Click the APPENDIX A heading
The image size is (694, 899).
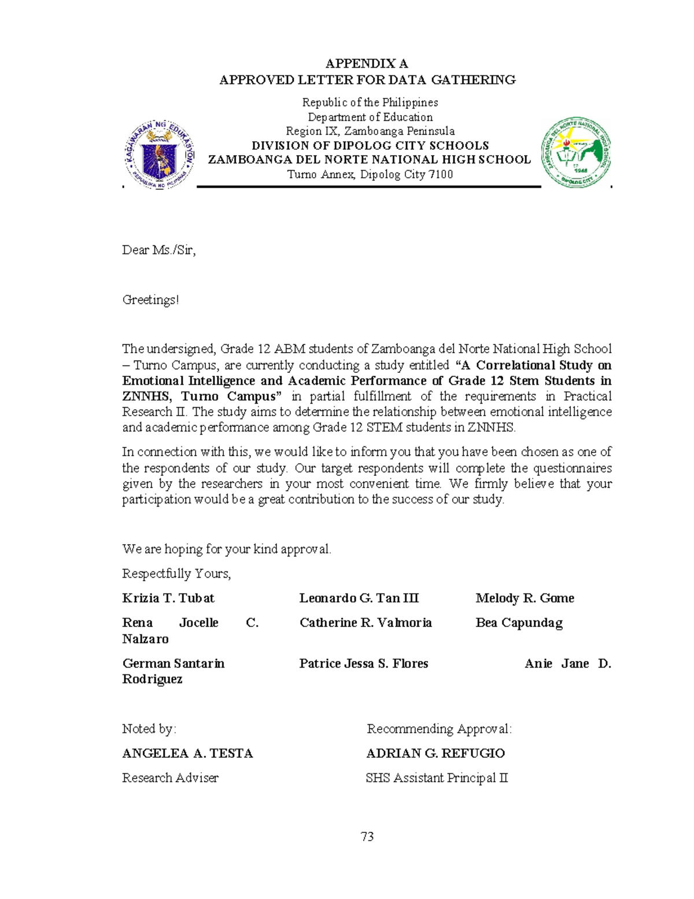(367, 64)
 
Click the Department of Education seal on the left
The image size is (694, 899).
(160, 155)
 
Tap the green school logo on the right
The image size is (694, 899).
(576, 152)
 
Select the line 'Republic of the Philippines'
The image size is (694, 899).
(370, 102)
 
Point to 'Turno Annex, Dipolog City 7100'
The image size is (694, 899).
(370, 174)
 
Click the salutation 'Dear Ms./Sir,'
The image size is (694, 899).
(159, 250)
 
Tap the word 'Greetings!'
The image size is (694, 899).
(150, 300)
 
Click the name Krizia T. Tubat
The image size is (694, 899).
(168, 598)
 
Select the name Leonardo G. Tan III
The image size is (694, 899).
(359, 598)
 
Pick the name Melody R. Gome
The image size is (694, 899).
(525, 598)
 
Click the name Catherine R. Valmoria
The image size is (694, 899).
(366, 623)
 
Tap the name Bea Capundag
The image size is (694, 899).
(519, 623)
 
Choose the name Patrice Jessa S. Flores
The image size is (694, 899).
(363, 663)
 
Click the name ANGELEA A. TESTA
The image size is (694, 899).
(187, 753)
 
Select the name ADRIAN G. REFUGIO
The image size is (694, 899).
(435, 753)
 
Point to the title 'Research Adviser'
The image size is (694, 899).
(170, 778)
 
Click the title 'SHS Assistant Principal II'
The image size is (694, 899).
(437, 778)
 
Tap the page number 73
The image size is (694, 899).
(367, 836)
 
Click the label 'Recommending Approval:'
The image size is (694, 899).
(439, 729)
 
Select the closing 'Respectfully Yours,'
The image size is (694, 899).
(176, 574)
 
